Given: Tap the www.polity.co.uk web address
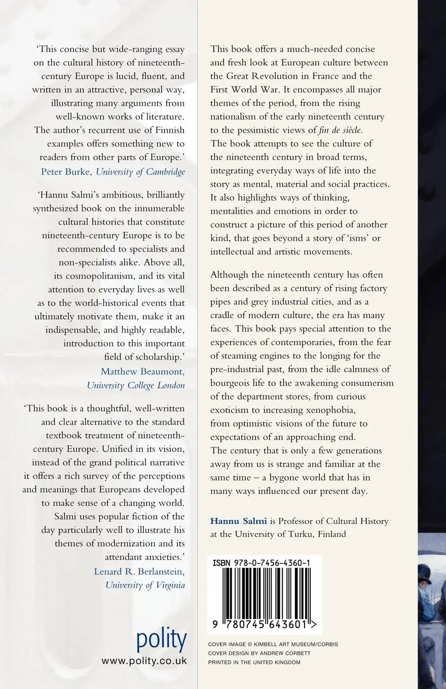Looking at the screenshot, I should tap(144, 661).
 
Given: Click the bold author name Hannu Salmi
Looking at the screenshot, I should tap(231, 520).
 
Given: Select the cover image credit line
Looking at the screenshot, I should tap(273, 644).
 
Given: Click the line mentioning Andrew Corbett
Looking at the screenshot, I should tap(259, 653).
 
